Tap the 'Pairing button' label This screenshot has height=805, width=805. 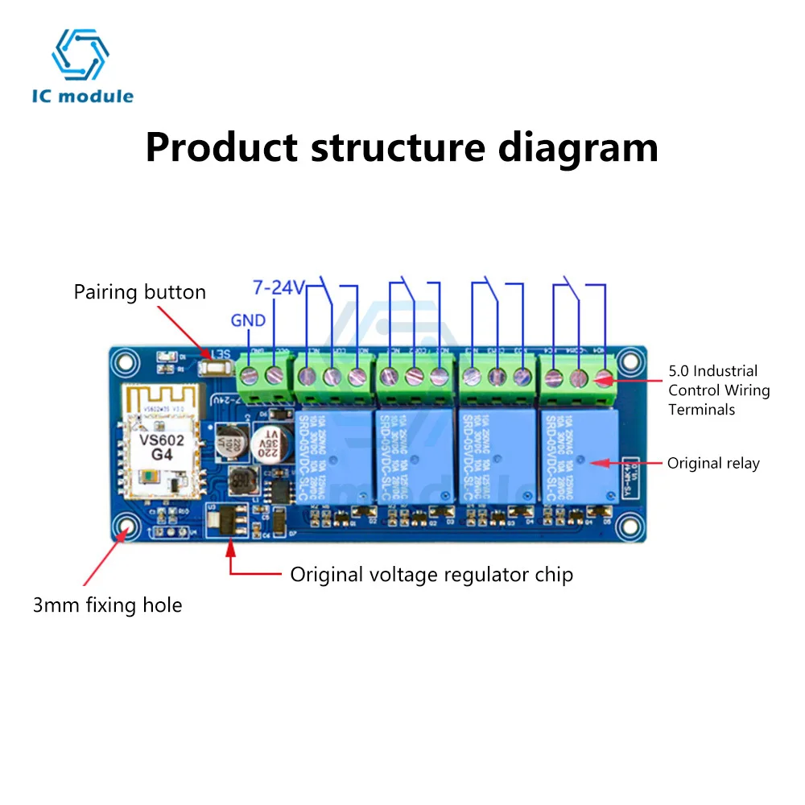coord(139,291)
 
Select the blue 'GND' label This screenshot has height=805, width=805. coord(248,320)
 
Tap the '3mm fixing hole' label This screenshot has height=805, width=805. coord(107,605)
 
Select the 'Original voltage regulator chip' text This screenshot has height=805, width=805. coord(431,575)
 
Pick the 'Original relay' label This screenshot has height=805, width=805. coord(713,464)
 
